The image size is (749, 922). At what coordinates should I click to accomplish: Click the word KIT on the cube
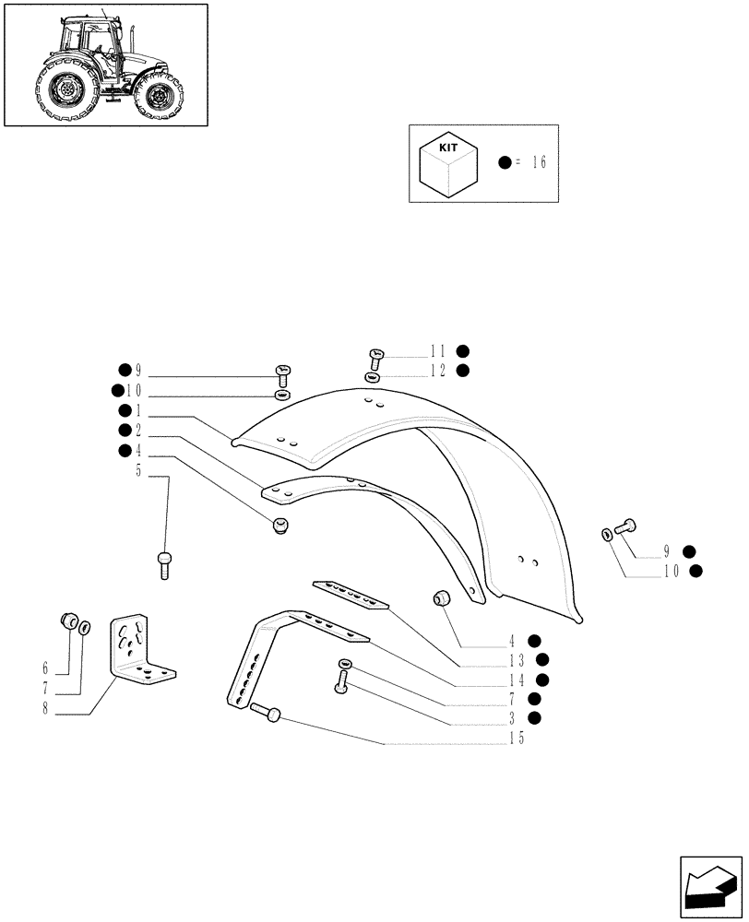447,148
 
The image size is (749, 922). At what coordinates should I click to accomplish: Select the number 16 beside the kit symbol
539,163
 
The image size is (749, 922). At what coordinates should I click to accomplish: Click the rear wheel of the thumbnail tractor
67,89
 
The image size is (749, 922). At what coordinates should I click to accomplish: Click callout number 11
437,351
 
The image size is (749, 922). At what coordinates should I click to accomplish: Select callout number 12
437,371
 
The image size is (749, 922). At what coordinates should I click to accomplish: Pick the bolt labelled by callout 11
375,356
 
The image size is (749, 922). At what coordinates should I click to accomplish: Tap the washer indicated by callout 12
371,377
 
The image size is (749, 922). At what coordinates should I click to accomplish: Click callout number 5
138,472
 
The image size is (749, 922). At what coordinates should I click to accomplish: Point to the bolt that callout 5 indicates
164,562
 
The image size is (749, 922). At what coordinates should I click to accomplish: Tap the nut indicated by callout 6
67,621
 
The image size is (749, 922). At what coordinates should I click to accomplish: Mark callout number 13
517,660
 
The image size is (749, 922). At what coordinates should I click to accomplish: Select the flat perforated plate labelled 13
351,596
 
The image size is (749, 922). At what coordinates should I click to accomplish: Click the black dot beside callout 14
543,680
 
